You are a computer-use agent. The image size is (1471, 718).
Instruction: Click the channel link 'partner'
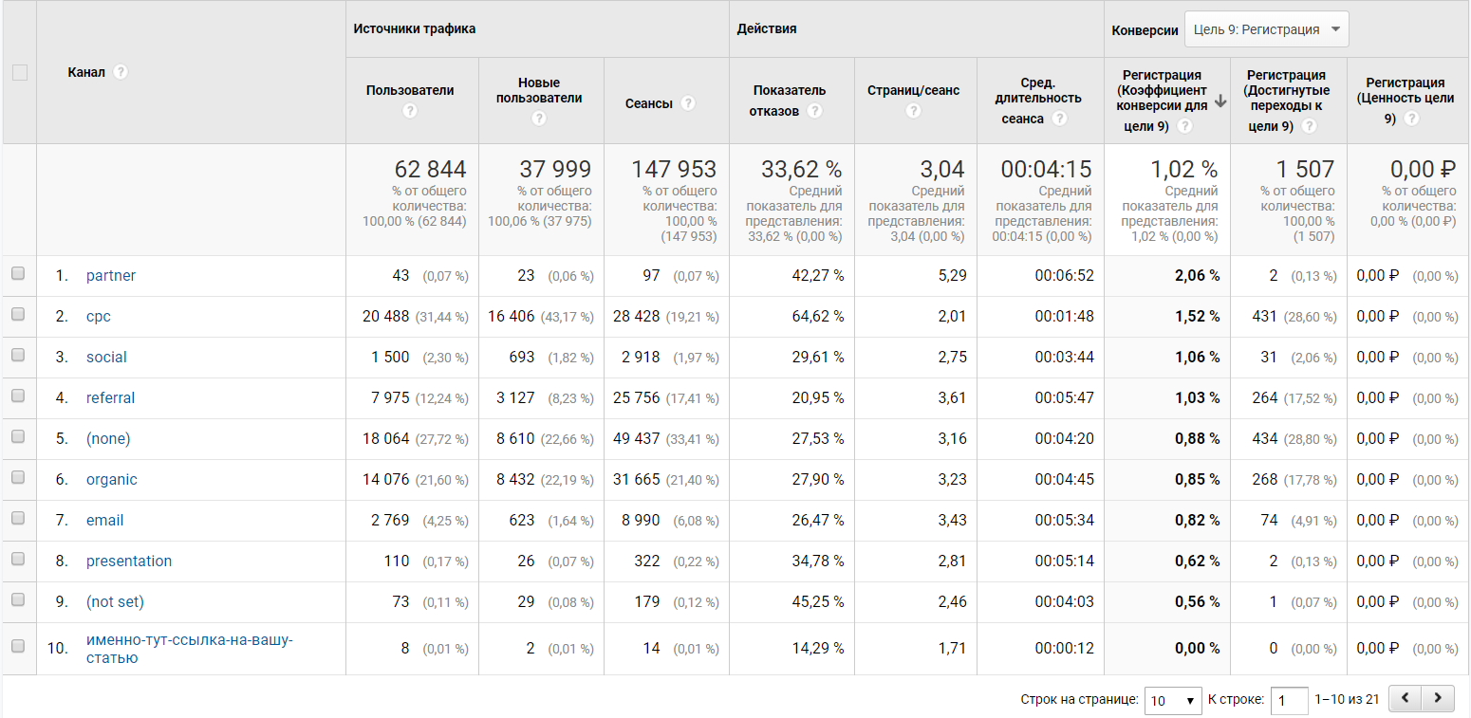click(110, 276)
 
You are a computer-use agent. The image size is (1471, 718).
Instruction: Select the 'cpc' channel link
click(99, 317)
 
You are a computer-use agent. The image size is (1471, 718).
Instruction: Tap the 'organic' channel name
click(111, 480)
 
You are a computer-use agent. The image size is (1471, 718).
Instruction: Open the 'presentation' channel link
click(129, 562)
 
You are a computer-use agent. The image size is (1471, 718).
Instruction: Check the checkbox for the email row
click(18, 520)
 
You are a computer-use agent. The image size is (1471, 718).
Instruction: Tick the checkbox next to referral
click(18, 397)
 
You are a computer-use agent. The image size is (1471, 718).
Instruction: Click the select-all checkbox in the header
click(20, 72)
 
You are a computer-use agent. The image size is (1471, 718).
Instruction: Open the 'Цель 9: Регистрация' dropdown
click(1266, 29)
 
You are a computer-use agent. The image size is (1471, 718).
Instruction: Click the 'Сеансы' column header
click(649, 103)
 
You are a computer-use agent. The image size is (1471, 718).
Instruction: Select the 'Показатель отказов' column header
click(789, 91)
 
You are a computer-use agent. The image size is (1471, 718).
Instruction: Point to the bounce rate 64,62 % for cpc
click(811, 317)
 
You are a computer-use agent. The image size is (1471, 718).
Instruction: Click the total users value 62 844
click(430, 170)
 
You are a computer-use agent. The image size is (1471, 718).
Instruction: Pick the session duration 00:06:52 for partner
click(1064, 276)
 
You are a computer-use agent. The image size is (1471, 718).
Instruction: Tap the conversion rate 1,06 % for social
click(1197, 358)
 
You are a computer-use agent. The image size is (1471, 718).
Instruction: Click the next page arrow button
click(1438, 699)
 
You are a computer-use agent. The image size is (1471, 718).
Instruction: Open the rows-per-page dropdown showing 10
click(1173, 701)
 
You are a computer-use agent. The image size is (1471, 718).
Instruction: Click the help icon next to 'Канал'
click(121, 73)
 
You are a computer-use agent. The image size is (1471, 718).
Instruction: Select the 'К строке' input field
click(1289, 701)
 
